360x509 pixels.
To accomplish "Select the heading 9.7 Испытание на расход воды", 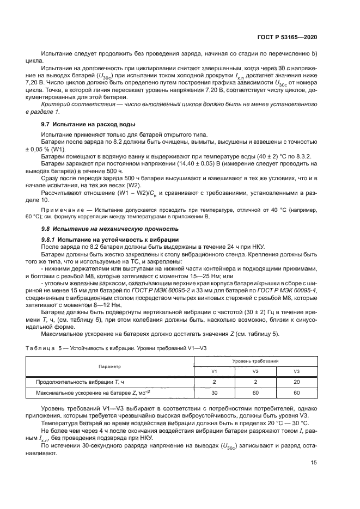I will point(80,125).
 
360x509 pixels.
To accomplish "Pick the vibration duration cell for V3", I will point(297,382).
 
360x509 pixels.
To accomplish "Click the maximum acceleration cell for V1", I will point(214,392).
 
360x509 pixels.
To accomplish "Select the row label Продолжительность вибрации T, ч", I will point(81,382).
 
